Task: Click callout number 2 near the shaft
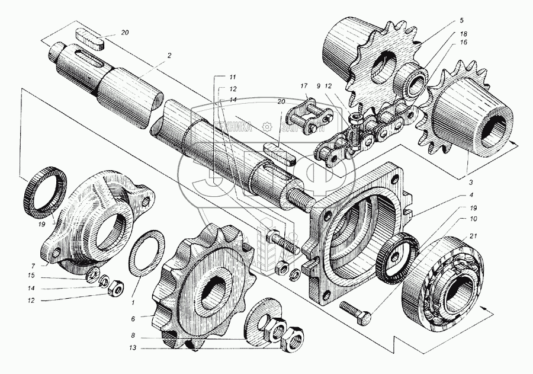169,56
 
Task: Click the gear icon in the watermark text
267,126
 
